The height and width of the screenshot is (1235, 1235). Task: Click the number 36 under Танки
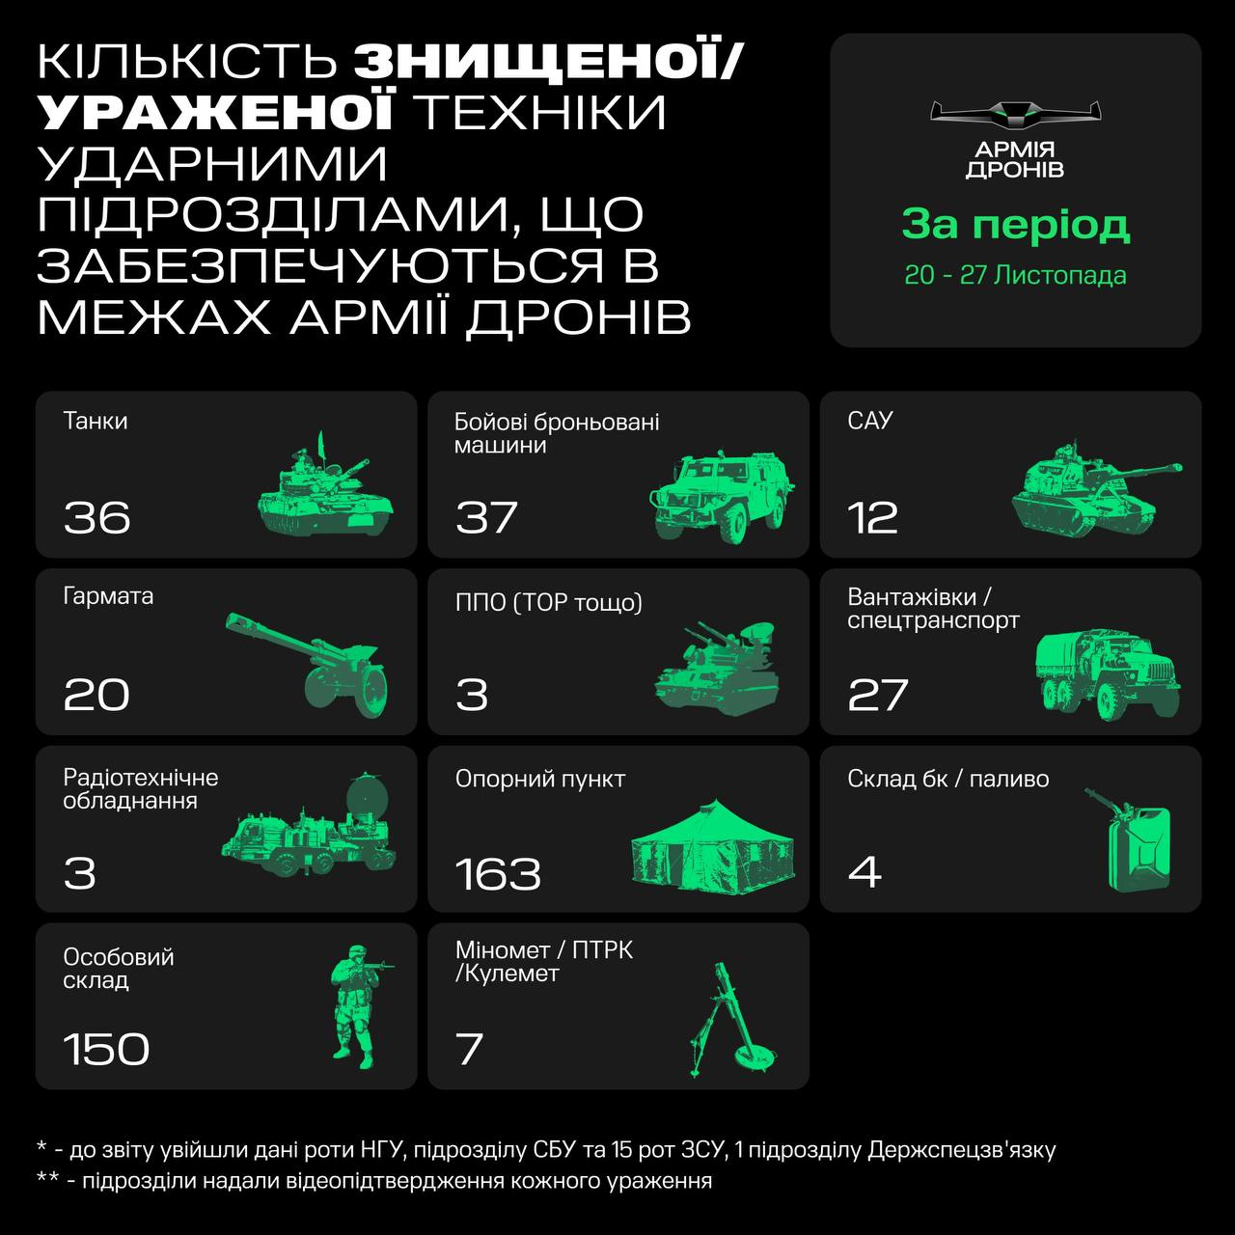96,518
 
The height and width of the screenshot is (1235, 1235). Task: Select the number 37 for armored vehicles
487,518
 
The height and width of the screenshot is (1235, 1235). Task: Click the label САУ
870,421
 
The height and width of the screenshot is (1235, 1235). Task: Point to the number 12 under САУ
873,518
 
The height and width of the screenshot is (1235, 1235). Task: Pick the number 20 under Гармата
96,695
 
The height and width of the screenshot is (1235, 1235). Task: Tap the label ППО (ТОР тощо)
548,603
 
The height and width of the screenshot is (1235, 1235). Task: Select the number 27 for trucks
878,695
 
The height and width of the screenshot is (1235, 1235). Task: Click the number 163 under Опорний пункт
498,874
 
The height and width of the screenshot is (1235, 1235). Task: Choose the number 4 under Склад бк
864,872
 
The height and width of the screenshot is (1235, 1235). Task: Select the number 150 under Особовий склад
106,1050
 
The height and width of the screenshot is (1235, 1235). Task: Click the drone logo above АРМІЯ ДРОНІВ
1015,114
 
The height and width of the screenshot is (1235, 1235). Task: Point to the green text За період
1015,225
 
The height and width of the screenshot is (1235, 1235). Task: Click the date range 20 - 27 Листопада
1015,275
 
